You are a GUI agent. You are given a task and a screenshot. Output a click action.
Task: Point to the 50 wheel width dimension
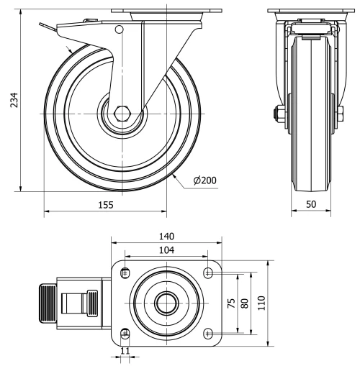311,204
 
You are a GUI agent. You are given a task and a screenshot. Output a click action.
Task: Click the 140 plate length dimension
166,237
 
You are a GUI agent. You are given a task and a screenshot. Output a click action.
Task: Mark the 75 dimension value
231,303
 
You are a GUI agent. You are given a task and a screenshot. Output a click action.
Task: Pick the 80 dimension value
245,303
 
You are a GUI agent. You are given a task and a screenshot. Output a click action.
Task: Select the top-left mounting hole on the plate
126,272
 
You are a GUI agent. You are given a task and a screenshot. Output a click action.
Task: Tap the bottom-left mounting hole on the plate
126,332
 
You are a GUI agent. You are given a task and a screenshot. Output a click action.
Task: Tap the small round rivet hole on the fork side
120,29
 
